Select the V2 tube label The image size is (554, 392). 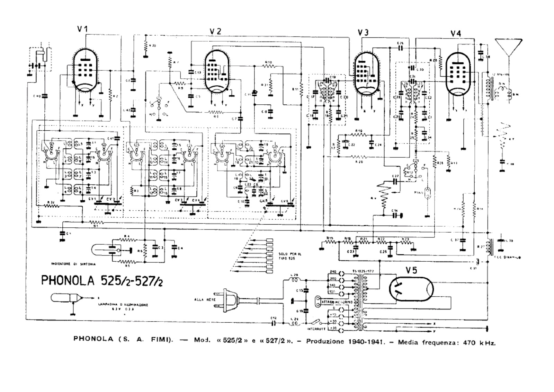click(x=215, y=31)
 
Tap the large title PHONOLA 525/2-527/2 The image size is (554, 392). click(x=102, y=280)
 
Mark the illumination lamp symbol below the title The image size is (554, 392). click(x=66, y=298)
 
